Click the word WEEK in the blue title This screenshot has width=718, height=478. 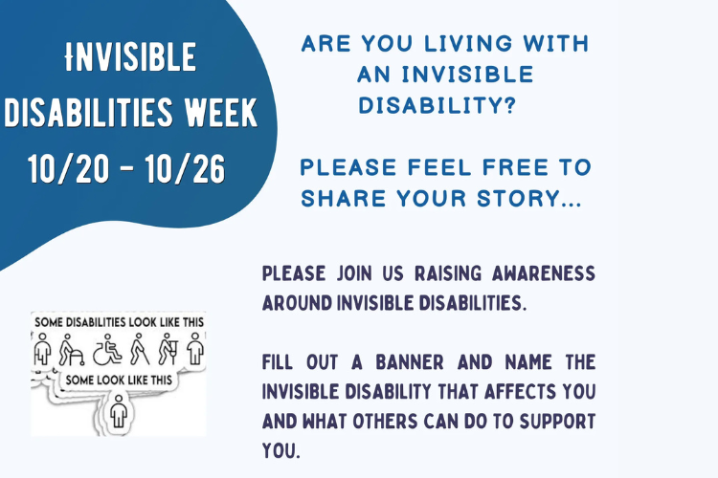(x=221, y=112)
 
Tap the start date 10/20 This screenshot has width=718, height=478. (x=69, y=169)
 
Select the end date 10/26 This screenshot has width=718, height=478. (x=185, y=169)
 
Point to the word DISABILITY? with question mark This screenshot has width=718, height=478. (x=438, y=106)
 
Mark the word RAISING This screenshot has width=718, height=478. (x=448, y=273)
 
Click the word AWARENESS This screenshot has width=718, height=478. (x=544, y=273)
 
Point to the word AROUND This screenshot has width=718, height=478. (x=297, y=303)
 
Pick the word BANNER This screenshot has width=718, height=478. (x=410, y=361)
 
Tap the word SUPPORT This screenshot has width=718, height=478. (x=557, y=422)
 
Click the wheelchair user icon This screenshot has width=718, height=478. (x=107, y=350)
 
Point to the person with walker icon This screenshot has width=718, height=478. (x=71, y=350)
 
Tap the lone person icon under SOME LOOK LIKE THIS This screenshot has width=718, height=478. (x=119, y=411)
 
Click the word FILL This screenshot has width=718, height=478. (x=278, y=361)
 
